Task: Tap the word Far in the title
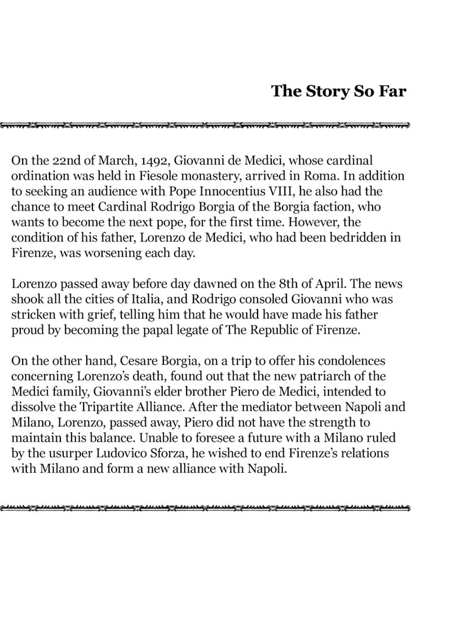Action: pyautogui.click(x=392, y=91)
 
